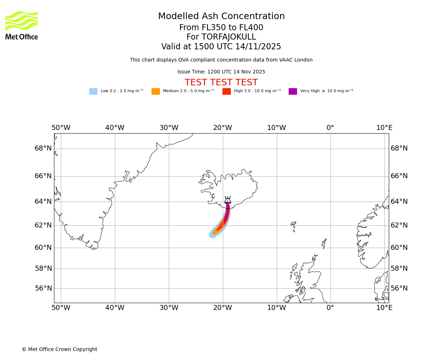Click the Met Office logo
(x=22, y=25)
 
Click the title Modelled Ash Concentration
(x=221, y=17)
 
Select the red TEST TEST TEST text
(x=221, y=83)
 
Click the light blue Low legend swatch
(x=93, y=91)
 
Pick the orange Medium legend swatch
(x=156, y=91)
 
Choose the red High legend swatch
(x=226, y=91)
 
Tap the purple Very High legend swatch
(x=293, y=91)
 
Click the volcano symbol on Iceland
(x=228, y=200)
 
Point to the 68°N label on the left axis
(x=43, y=148)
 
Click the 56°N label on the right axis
(x=399, y=288)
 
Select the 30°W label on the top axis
(x=169, y=128)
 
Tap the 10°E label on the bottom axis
(x=384, y=308)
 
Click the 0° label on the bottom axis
(x=330, y=308)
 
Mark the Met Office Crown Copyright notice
(x=59, y=350)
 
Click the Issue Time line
(x=221, y=72)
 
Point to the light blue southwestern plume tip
(x=212, y=235)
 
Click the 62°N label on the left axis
(x=43, y=225)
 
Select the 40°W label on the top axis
(x=115, y=128)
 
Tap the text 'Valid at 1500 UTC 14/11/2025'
(x=221, y=47)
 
